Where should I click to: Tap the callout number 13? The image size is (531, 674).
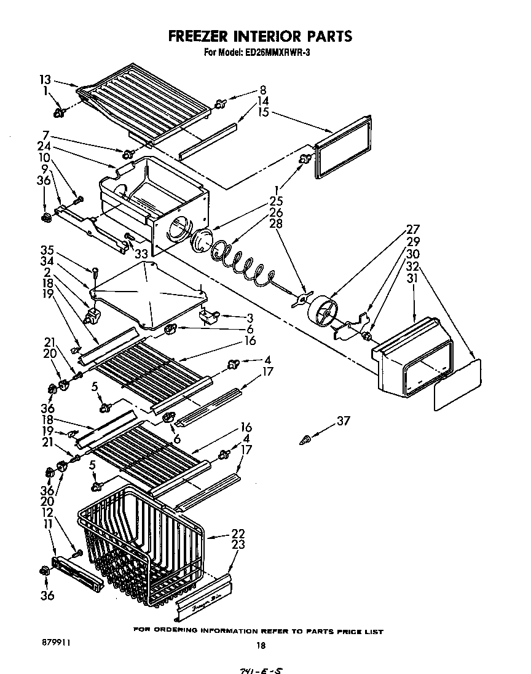[x=44, y=79]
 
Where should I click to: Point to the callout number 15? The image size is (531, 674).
[x=263, y=112]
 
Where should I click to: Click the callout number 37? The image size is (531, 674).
[x=344, y=420]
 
